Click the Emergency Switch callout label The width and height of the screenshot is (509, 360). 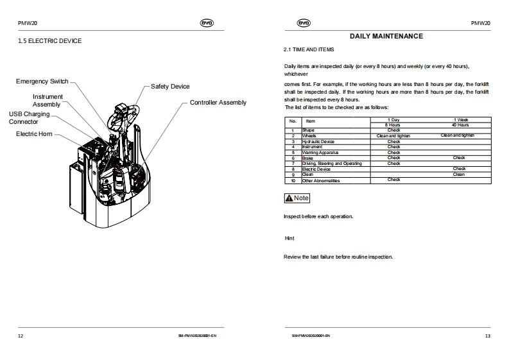tap(42, 81)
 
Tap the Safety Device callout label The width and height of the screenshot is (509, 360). tap(170, 87)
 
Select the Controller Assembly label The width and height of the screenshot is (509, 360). tap(218, 103)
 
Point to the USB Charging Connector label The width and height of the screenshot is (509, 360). tap(28, 117)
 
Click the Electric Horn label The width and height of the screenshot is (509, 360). tap(34, 134)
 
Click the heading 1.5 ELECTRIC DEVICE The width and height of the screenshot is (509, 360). tap(49, 41)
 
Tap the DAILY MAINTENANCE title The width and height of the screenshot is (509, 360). tap(386, 37)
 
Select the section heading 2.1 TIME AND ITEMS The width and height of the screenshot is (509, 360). tap(309, 49)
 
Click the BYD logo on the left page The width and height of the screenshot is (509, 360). tap(207, 23)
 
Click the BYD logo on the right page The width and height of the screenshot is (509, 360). tap(303, 23)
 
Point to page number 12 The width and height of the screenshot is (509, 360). tap(21, 336)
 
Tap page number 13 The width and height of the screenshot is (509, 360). tap(487, 336)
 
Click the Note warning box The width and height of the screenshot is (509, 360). tap(297, 198)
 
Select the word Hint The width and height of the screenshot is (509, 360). tap(289, 238)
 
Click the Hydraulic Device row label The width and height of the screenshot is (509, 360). tap(318, 141)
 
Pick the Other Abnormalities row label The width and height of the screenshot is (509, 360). tap(321, 180)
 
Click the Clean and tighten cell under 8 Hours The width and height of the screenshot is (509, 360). tap(393, 136)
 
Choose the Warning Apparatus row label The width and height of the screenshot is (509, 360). tap(320, 152)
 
